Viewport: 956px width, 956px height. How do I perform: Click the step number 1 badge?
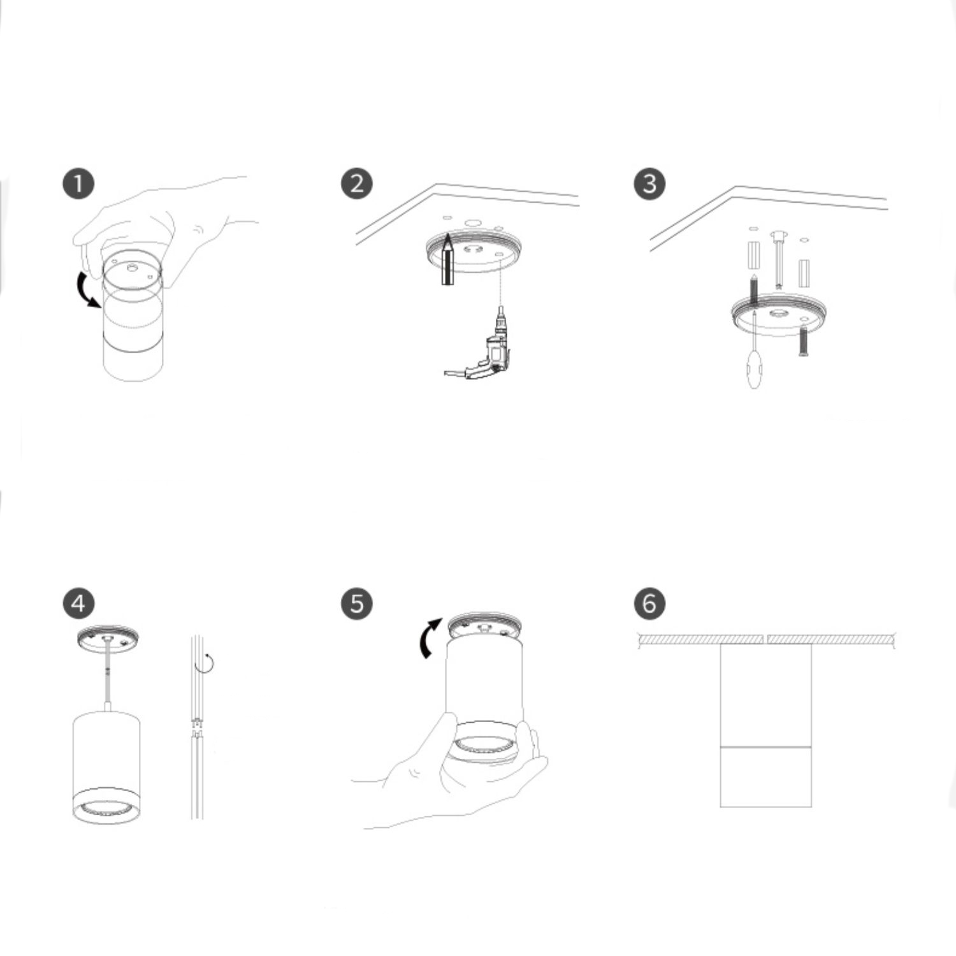coord(78,184)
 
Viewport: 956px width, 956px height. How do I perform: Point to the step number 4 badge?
coord(78,603)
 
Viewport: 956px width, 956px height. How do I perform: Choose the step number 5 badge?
coord(357,603)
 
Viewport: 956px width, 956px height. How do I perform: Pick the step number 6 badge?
coord(649,603)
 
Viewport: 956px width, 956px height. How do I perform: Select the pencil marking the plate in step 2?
coord(447,260)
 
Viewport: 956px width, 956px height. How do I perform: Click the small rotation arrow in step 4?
coord(206,663)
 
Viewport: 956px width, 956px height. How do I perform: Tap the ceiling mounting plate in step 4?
coord(107,639)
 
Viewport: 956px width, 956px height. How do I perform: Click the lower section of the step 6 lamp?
coord(766,776)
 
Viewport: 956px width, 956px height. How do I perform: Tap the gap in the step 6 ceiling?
coord(765,639)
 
